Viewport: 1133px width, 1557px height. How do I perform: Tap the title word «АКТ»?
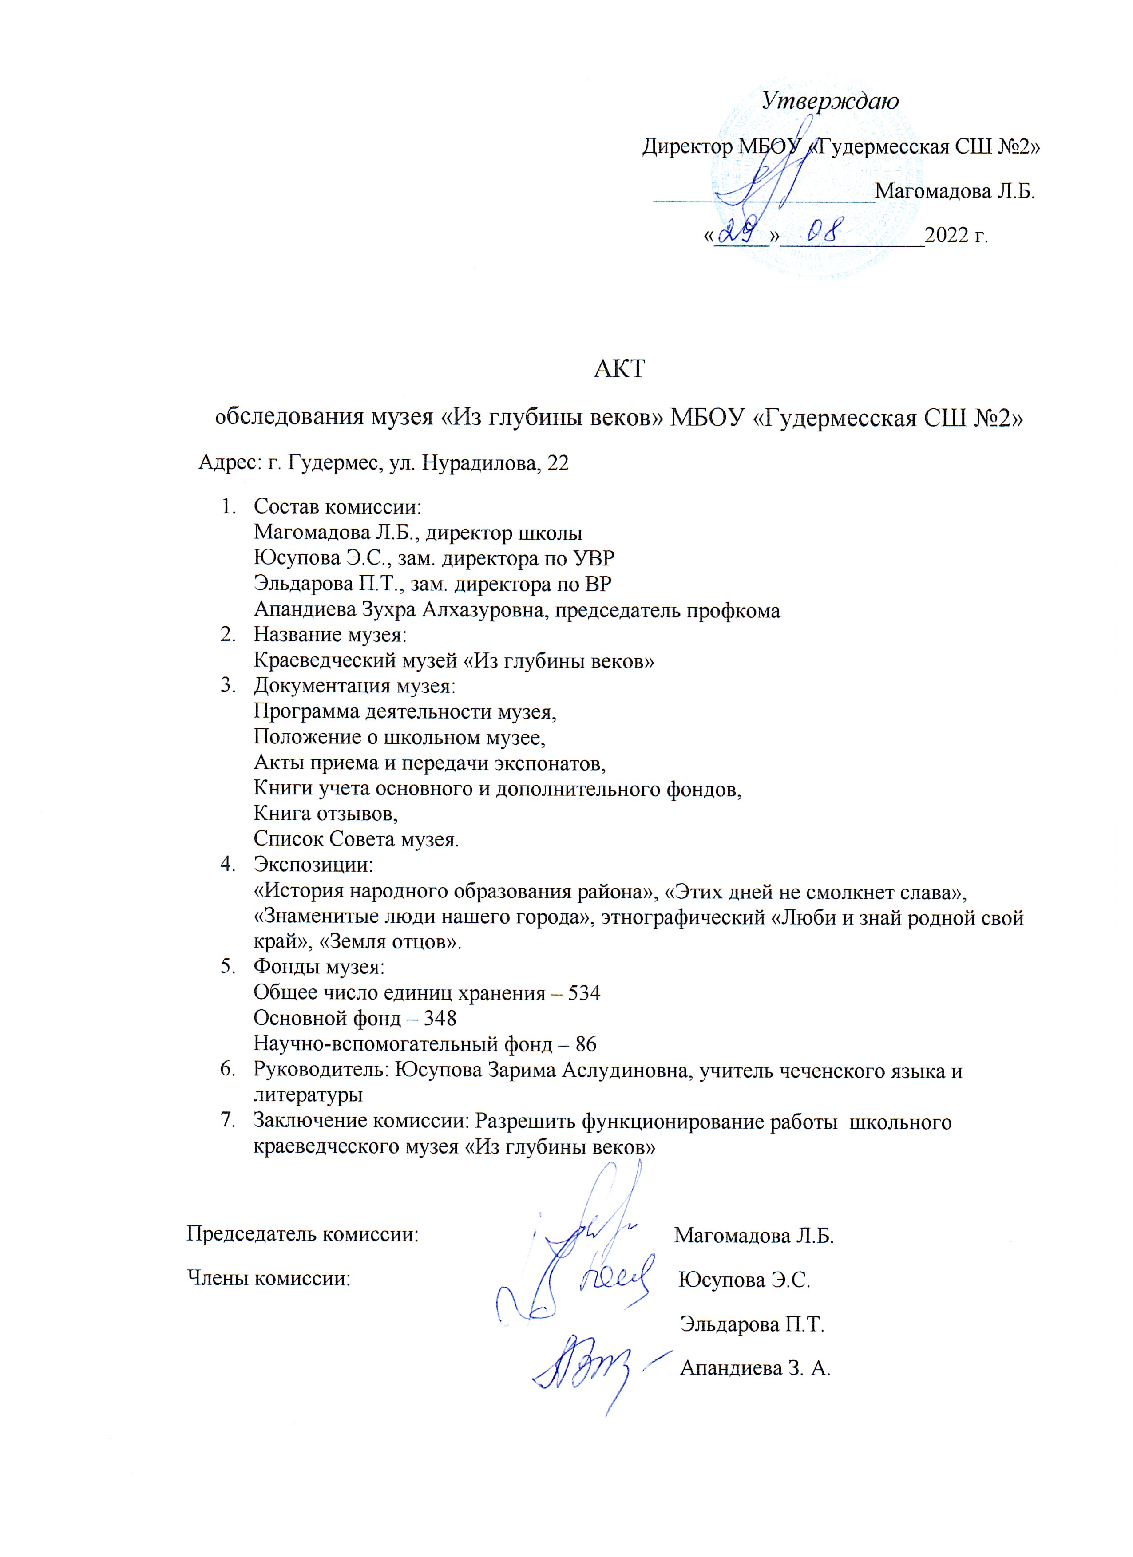[619, 369]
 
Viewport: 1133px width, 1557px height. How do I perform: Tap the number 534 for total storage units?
[584, 993]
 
